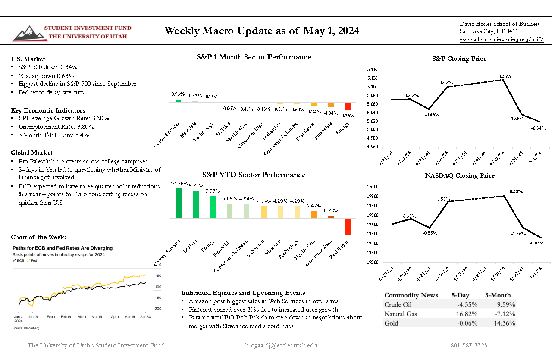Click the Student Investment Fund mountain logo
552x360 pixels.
tap(27, 33)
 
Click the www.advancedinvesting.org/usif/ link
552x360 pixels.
tap(501, 40)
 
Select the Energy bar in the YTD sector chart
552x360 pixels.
tap(213, 207)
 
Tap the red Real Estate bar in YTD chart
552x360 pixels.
tap(348, 227)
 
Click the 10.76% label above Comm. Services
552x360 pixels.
tap(179, 184)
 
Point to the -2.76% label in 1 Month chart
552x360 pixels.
tap(348, 116)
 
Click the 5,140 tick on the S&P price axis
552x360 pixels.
tap(372, 69)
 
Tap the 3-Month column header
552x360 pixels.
tap(498, 295)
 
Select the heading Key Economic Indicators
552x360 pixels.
tap(48, 110)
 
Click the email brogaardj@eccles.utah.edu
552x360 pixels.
tap(281, 345)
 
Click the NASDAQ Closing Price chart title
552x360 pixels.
tap(460, 175)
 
